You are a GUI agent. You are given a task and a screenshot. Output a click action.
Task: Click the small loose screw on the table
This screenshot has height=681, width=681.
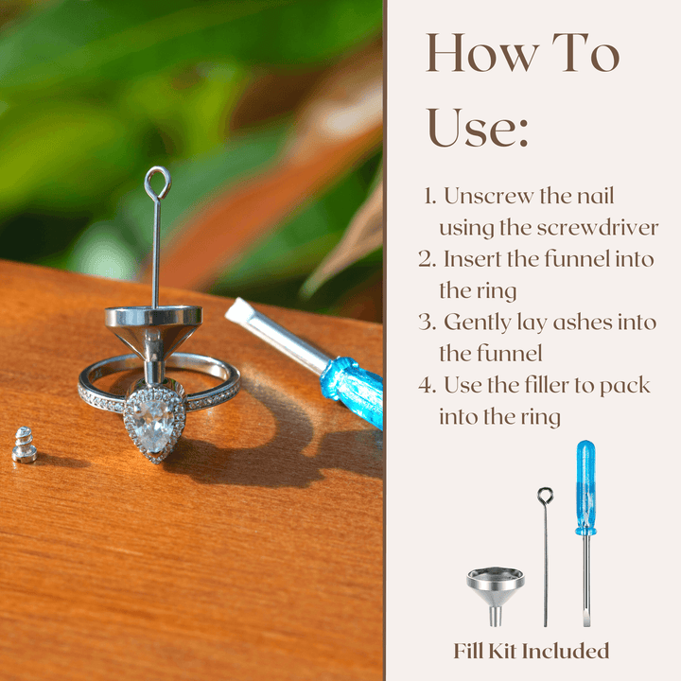pos(25,445)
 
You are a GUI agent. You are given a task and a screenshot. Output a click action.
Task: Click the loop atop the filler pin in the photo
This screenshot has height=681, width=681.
pos(158,183)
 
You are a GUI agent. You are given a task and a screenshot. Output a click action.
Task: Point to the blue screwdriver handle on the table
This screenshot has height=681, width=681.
pos(353,391)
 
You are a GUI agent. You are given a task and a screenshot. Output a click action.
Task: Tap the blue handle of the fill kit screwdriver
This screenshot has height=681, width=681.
pos(585,487)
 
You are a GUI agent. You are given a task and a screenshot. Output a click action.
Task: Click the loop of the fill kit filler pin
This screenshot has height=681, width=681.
pos(545,496)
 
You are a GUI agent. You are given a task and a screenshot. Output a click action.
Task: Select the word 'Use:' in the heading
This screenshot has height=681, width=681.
pos(478,128)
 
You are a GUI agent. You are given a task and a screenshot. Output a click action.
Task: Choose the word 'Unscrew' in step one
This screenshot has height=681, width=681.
pos(489,196)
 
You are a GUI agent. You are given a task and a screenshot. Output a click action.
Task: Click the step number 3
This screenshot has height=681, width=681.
pos(427,323)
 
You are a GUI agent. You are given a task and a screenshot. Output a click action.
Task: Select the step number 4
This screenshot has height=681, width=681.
pos(428,385)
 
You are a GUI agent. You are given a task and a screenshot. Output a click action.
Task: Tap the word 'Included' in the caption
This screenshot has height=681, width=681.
pos(565,651)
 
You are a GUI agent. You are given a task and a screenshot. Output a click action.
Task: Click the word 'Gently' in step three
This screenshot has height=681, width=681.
pos(478,323)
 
